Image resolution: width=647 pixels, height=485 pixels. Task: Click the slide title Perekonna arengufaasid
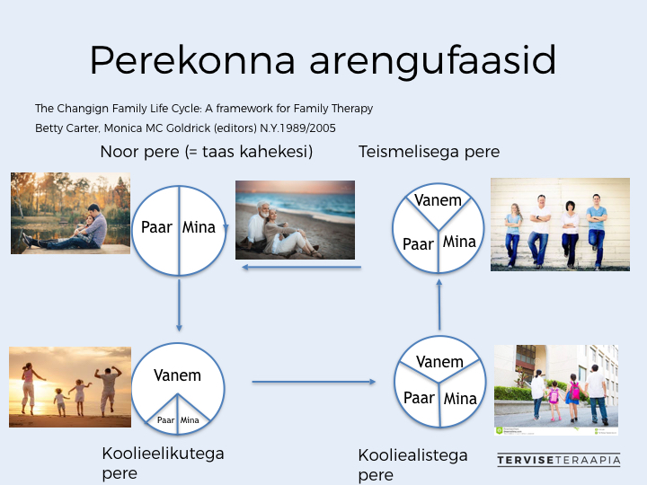point(323,61)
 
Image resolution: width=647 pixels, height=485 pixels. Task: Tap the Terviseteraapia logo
point(559,460)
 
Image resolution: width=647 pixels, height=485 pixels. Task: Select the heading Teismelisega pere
point(429,152)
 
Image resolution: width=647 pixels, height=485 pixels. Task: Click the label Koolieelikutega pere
point(163,463)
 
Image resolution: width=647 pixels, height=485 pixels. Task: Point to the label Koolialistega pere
point(412,465)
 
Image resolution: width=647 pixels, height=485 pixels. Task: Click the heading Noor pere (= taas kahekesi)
point(207,152)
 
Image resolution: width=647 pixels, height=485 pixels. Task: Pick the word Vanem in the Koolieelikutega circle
point(177,375)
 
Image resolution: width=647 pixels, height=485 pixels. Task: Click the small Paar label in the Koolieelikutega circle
point(166,419)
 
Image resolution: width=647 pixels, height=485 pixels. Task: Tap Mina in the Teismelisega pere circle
point(459,242)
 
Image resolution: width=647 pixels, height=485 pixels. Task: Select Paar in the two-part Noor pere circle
point(156,227)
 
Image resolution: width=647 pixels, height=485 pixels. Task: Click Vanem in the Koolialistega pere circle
point(439,362)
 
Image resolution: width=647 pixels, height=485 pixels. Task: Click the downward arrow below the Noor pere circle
point(179,305)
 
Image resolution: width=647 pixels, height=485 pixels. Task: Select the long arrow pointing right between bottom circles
point(314,382)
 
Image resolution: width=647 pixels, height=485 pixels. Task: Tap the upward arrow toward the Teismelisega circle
point(439,304)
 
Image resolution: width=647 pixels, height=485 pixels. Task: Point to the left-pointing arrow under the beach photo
point(301,268)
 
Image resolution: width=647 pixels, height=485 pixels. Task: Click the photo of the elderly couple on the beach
point(295,220)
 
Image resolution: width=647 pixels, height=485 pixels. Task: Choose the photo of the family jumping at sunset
point(70,387)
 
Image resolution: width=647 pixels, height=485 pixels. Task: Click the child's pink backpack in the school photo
point(574,391)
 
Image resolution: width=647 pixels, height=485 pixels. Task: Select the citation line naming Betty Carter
point(185,128)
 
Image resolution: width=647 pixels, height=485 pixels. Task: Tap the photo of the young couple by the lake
point(71,213)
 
